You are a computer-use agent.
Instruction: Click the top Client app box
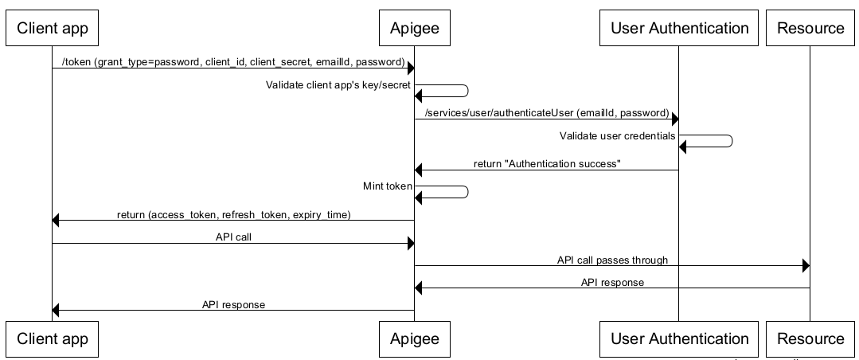pyautogui.click(x=53, y=28)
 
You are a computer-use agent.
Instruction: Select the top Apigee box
pyautogui.click(x=414, y=28)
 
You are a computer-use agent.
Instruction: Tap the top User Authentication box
pyautogui.click(x=679, y=28)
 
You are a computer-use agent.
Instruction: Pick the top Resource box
pyautogui.click(x=810, y=28)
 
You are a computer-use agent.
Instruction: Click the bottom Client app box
pyautogui.click(x=53, y=338)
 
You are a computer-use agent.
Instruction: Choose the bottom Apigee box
pyautogui.click(x=414, y=338)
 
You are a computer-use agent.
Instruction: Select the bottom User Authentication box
pyautogui.click(x=679, y=338)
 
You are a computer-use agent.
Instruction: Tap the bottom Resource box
pyautogui.click(x=810, y=338)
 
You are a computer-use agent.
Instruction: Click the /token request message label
pyautogui.click(x=233, y=62)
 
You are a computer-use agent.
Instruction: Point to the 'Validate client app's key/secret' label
pyautogui.click(x=338, y=85)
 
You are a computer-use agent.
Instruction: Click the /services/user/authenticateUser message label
pyautogui.click(x=547, y=113)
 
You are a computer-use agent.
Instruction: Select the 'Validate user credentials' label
pyautogui.click(x=617, y=136)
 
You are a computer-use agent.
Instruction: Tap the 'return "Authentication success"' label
pyautogui.click(x=546, y=164)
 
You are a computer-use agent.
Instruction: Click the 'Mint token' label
pyautogui.click(x=387, y=186)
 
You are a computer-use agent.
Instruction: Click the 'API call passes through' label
pyautogui.click(x=611, y=260)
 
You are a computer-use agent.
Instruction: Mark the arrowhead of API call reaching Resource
pyautogui.click(x=805, y=266)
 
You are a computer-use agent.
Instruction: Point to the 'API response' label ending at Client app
pyautogui.click(x=233, y=304)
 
